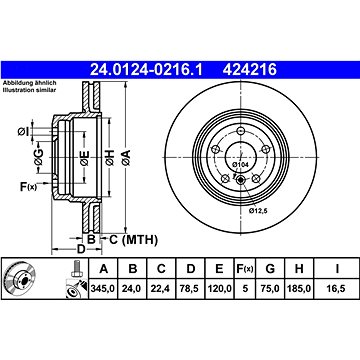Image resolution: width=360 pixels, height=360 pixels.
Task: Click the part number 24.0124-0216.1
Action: (x=146, y=70)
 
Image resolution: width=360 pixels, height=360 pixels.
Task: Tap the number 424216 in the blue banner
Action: (x=250, y=70)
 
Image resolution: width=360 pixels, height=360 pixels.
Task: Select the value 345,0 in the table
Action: (x=103, y=289)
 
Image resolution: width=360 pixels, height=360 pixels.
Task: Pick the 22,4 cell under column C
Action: (x=161, y=289)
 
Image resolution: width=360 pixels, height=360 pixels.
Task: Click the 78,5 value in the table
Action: (x=190, y=289)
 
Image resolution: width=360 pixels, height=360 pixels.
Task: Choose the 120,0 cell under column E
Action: (x=219, y=289)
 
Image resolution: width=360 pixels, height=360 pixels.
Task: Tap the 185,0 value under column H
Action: (x=299, y=289)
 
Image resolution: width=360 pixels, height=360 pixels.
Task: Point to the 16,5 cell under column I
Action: (x=337, y=289)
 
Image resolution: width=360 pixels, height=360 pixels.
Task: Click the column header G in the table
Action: (x=270, y=269)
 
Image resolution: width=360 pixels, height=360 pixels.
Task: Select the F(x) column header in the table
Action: (x=245, y=269)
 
